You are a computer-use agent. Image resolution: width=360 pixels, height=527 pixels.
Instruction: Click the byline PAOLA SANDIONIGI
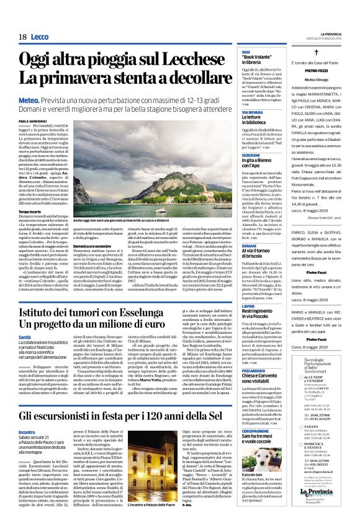pyautogui.click(x=34, y=121)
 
